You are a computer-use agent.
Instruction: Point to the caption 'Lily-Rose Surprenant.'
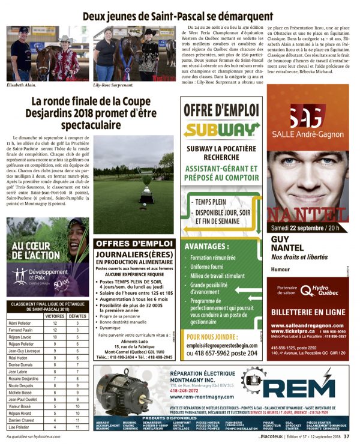[x=116, y=85]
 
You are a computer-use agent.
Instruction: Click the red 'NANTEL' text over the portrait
[x=308, y=214]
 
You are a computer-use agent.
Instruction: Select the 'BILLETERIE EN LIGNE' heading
[x=308, y=312]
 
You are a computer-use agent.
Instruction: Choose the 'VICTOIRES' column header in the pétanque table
[x=55, y=315]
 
